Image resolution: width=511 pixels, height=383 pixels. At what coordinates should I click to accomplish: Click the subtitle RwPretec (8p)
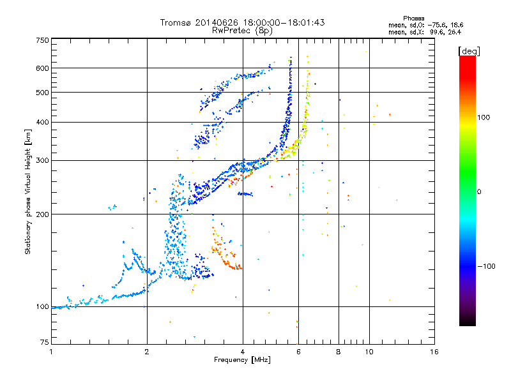point(243,30)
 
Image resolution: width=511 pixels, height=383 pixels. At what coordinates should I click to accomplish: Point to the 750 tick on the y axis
point(42,40)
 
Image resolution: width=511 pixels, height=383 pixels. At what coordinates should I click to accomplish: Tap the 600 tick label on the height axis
point(42,68)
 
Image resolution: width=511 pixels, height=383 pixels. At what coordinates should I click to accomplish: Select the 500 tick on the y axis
point(42,93)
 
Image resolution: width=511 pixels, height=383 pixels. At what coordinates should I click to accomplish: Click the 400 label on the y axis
point(42,122)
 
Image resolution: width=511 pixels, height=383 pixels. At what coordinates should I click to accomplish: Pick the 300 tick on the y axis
point(42,160)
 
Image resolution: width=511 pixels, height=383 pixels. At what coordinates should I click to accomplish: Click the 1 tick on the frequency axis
point(51,351)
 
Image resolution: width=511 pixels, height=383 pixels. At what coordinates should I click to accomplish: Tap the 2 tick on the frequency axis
point(147,351)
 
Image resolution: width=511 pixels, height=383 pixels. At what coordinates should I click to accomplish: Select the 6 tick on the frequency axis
point(298,351)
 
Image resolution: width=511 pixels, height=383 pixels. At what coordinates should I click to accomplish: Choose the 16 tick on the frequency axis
point(434,351)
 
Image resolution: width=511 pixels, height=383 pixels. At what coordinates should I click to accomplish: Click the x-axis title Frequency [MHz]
point(243,359)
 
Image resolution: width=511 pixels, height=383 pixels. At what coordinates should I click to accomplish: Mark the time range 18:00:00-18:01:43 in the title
point(282,22)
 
